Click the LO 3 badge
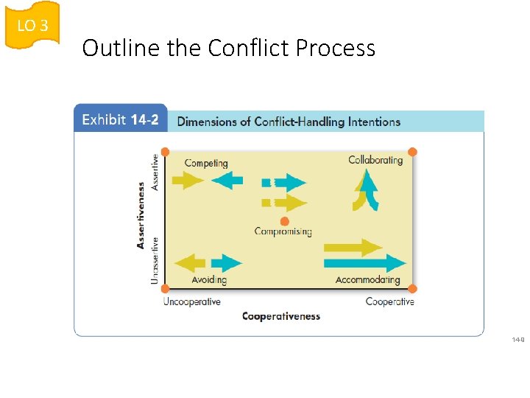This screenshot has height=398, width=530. coord(32,26)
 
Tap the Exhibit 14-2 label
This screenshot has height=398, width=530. coord(120,120)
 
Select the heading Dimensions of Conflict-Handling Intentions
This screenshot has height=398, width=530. coord(289,121)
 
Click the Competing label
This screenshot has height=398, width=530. coord(206,163)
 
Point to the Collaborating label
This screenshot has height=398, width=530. coord(375,160)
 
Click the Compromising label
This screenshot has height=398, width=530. coord(283,231)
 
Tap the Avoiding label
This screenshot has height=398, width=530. coord(209,279)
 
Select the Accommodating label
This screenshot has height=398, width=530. coord(367,279)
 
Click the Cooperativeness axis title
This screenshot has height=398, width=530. coord(281,316)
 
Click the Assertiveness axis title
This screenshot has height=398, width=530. coord(141,215)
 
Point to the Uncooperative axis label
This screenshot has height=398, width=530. coord(191,301)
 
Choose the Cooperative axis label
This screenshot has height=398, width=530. coord(389,301)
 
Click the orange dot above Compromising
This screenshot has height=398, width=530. coord(284,221)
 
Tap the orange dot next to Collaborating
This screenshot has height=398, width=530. coord(412,152)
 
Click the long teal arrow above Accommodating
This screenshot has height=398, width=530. coord(364,262)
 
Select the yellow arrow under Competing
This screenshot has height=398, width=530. coord(187,180)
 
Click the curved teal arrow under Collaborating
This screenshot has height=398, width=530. coord(370,190)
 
